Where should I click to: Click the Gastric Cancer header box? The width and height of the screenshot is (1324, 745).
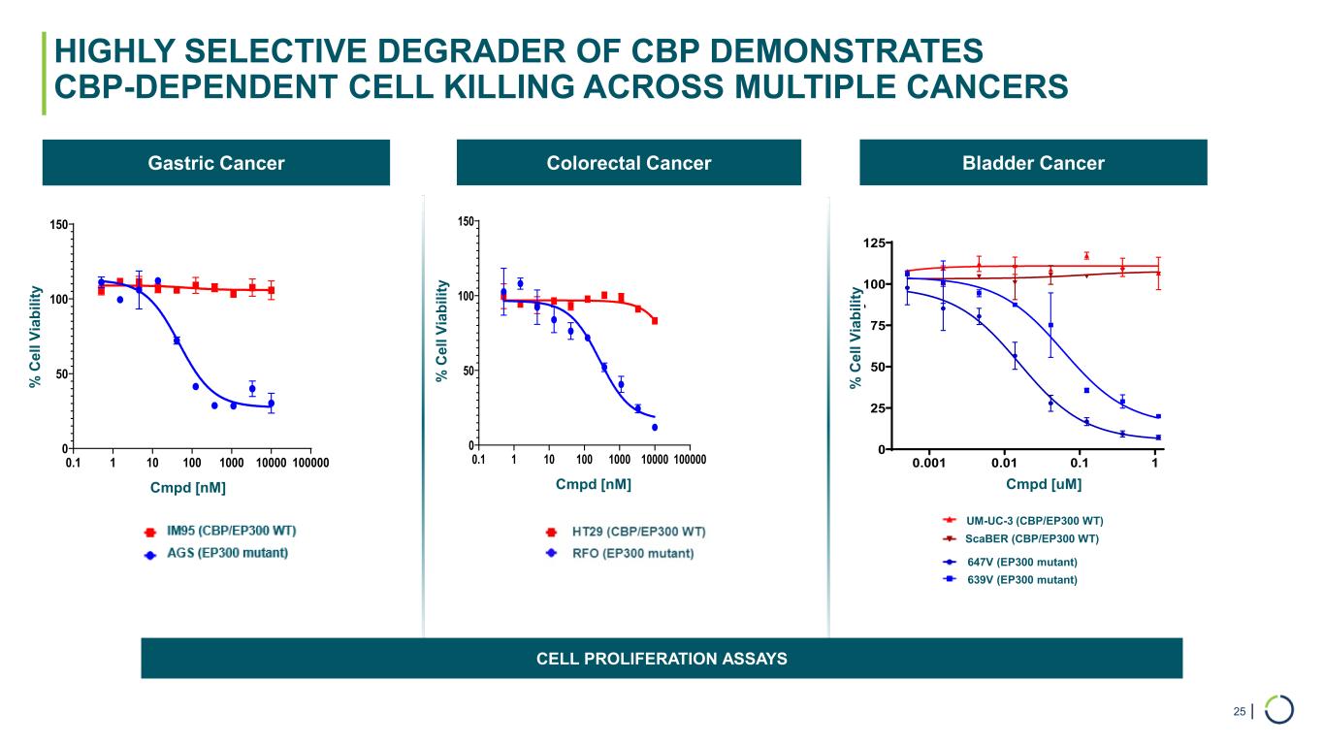(215, 163)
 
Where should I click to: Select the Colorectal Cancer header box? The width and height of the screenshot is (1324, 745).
(629, 163)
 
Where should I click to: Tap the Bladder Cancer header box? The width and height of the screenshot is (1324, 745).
(1033, 163)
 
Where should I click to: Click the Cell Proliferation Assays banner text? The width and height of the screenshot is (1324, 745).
(662, 659)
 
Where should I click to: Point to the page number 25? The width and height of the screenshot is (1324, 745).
(1240, 712)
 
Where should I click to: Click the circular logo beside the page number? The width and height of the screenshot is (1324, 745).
(1279, 709)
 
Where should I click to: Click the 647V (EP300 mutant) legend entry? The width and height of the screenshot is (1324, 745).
(1021, 562)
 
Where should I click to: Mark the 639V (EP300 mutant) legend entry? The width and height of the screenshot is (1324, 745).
(1021, 579)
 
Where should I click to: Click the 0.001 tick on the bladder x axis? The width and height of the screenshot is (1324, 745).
(928, 464)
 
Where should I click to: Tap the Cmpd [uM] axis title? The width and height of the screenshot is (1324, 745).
(1044, 484)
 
